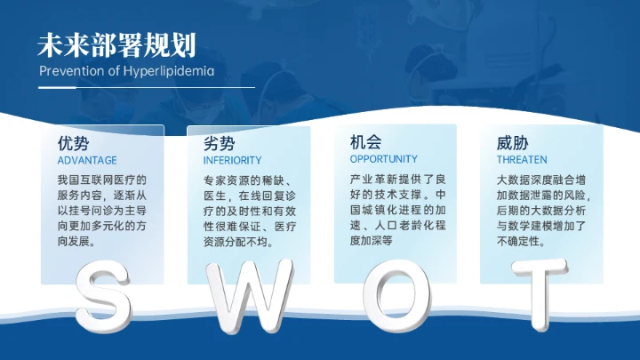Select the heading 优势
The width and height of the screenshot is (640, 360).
73,143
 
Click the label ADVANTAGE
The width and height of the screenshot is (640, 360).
87,161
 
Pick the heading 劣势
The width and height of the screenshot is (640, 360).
220,143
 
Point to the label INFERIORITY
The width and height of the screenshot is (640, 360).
233,161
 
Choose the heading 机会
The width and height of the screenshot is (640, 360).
366,142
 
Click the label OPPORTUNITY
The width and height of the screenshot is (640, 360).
384,159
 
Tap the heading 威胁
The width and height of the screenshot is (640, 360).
513,143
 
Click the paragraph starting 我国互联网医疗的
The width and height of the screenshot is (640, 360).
100,210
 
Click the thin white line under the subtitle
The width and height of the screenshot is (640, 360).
147,87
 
